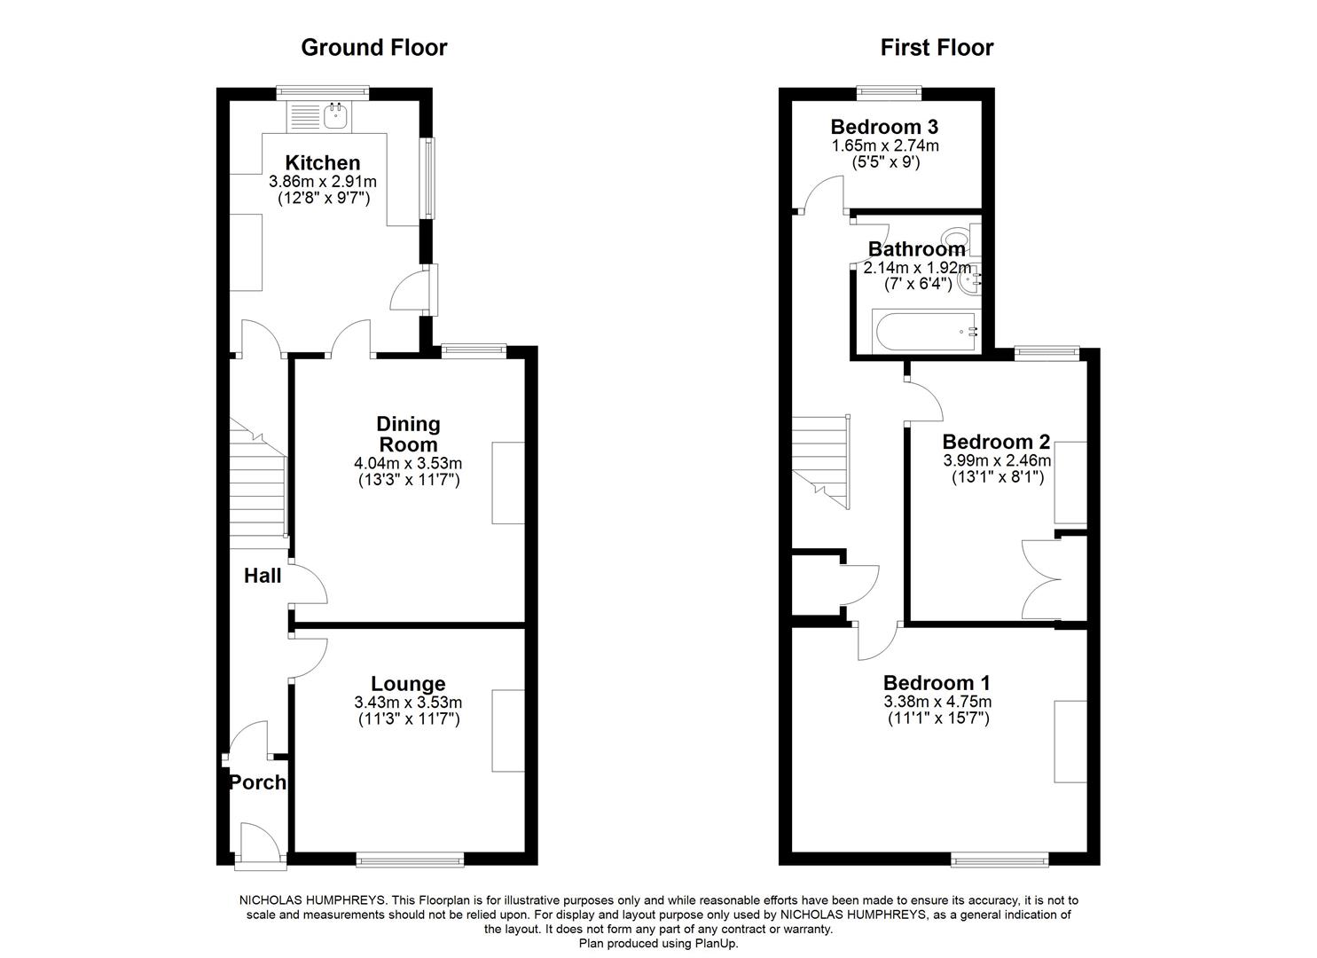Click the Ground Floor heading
point(373,48)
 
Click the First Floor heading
point(937,48)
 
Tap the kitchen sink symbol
point(335,114)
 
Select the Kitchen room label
point(322,163)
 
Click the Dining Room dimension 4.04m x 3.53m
point(407,463)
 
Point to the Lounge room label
point(408,684)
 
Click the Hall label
point(263,576)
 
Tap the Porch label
point(257,782)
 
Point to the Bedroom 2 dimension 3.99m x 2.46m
point(996,460)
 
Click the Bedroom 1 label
point(937,683)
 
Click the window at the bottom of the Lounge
point(410,859)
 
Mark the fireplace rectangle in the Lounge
point(508,730)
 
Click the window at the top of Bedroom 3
point(890,90)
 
